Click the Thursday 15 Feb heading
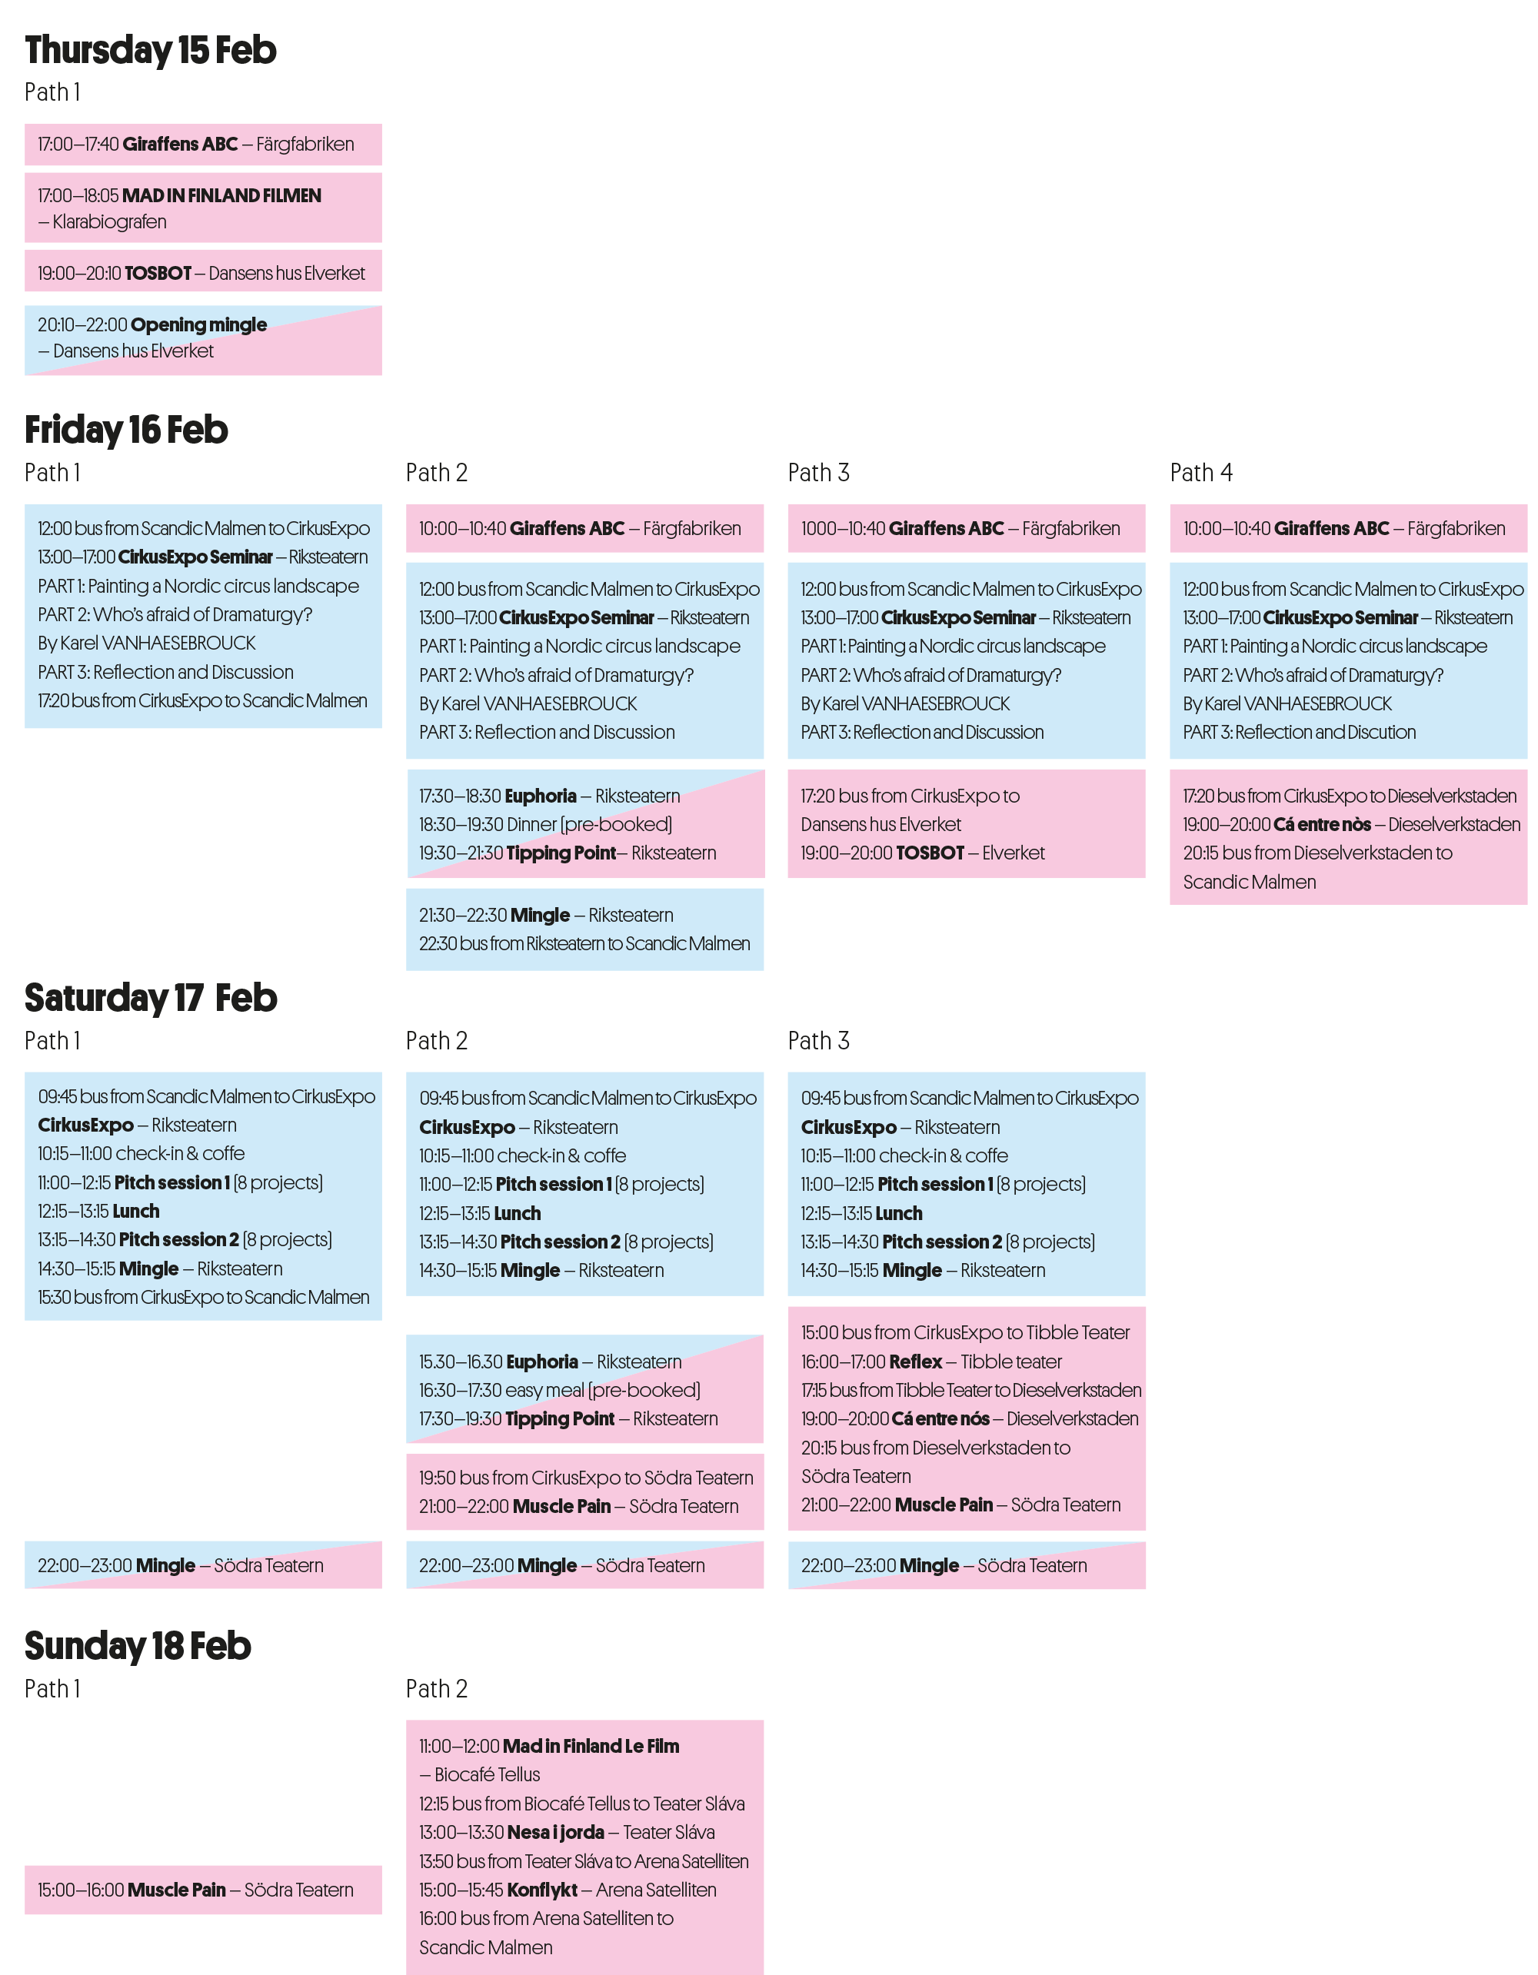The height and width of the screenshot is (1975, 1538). (x=150, y=51)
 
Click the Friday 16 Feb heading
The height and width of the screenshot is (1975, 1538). (x=126, y=431)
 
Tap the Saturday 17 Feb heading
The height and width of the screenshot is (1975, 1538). (x=150, y=999)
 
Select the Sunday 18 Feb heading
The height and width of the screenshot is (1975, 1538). (x=138, y=1646)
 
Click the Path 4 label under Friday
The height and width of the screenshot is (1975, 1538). (x=1200, y=473)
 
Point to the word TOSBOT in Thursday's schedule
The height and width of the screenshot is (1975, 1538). (x=158, y=273)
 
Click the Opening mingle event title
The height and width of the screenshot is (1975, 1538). (x=199, y=324)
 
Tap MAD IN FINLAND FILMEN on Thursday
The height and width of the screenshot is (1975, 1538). (x=221, y=195)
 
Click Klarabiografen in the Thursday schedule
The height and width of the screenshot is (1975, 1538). (x=109, y=221)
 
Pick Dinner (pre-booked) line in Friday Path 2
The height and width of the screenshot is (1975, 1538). (x=544, y=825)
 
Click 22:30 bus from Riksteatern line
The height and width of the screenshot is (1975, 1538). (x=584, y=943)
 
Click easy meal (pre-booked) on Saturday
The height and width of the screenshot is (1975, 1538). (x=559, y=1390)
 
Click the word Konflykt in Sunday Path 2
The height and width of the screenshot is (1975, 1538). (x=542, y=1890)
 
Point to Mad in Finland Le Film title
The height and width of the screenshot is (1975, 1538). (x=591, y=1746)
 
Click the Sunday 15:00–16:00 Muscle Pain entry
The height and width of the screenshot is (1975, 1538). (x=195, y=1890)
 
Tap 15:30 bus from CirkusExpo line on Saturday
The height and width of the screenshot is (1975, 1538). (x=204, y=1297)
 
